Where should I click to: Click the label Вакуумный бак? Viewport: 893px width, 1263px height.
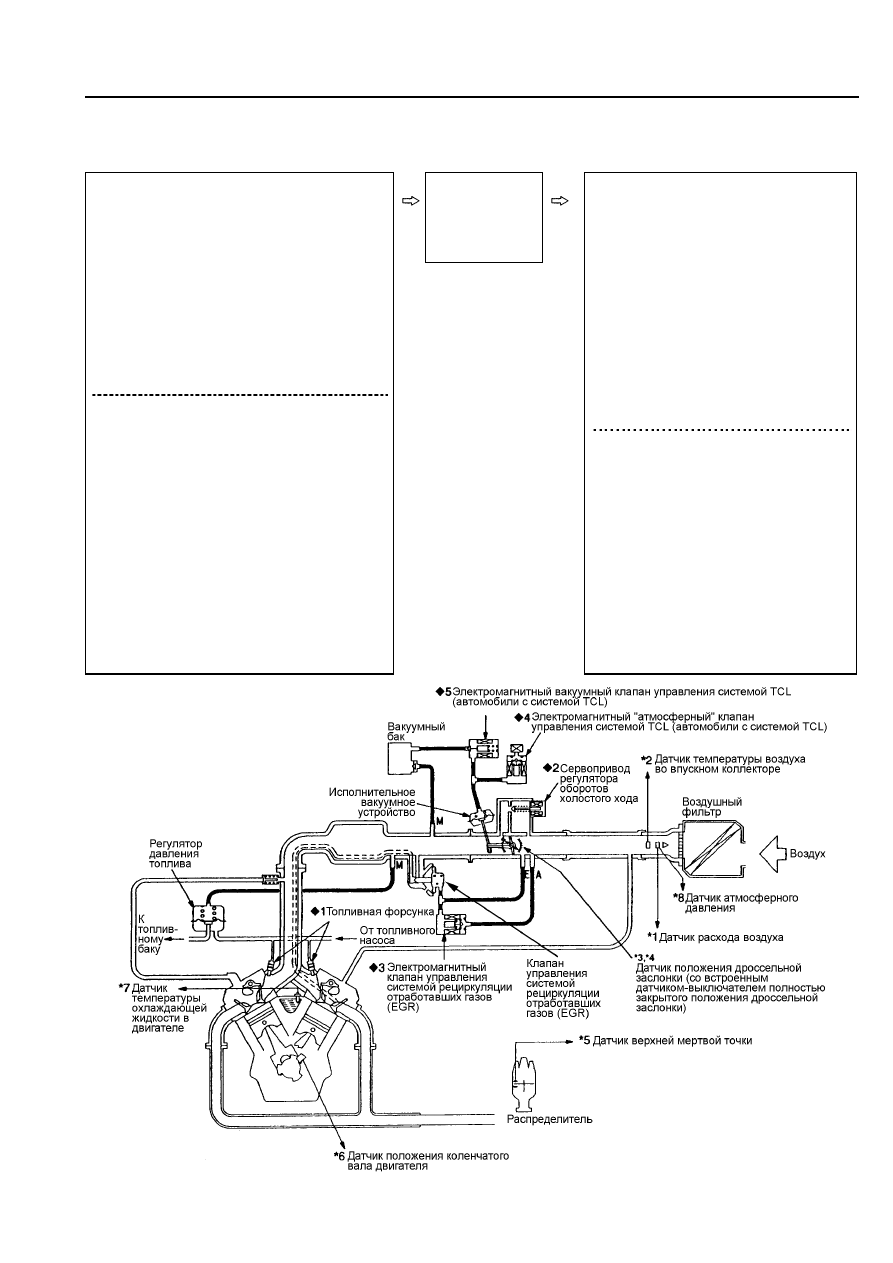(x=416, y=731)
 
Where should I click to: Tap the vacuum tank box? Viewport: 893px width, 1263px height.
(x=402, y=757)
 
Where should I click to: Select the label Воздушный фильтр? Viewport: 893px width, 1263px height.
(x=712, y=807)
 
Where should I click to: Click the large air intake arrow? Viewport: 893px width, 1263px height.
(x=772, y=854)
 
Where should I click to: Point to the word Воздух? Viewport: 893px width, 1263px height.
(x=807, y=854)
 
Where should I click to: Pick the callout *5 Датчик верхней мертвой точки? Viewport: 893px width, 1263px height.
(x=666, y=1040)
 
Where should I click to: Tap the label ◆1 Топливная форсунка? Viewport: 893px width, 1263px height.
(x=373, y=911)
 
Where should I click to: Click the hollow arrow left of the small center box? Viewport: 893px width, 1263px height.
(x=410, y=200)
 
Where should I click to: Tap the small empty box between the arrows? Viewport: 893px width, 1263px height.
(x=484, y=217)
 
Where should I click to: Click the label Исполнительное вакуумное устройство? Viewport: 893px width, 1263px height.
(x=372, y=802)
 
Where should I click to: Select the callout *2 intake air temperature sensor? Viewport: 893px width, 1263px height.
(x=723, y=764)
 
